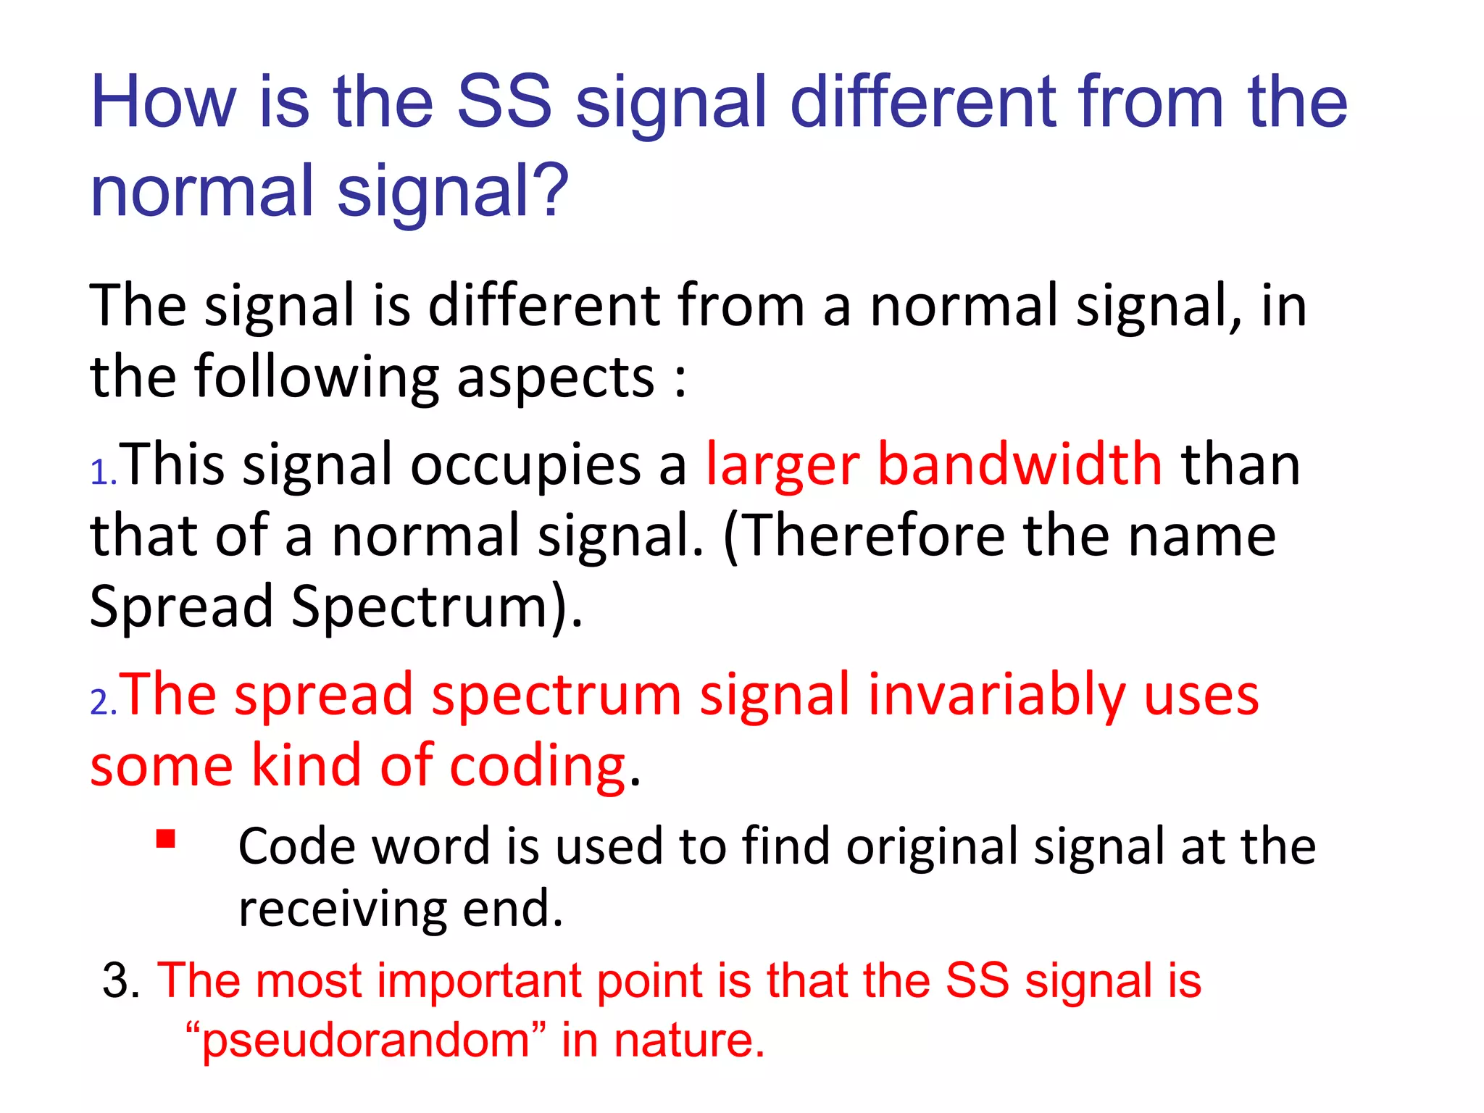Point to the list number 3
tap(120, 980)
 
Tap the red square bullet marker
tap(166, 838)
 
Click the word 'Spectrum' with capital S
tap(420, 606)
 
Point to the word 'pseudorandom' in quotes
tap(366, 1041)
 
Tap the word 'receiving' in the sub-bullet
tap(341, 909)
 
